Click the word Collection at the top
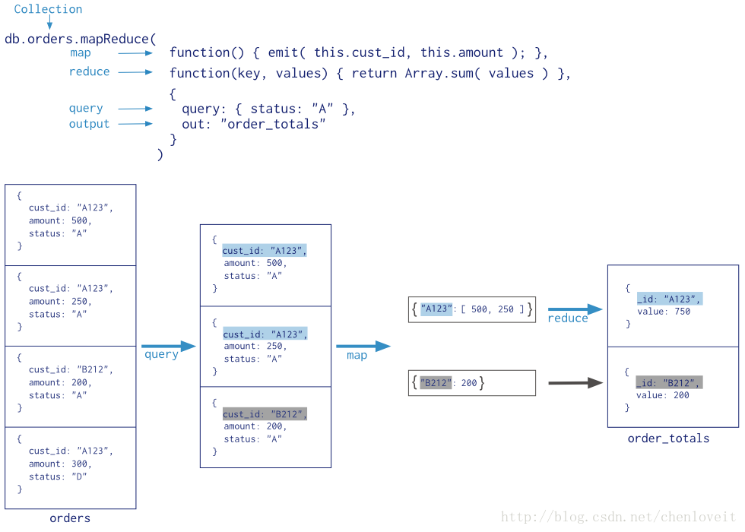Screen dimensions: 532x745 point(48,9)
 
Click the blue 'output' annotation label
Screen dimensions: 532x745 point(89,124)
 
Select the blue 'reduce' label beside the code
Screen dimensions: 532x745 point(89,72)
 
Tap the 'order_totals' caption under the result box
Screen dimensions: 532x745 point(668,439)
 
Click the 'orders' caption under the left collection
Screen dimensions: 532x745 point(70,518)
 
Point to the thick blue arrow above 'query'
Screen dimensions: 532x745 point(168,347)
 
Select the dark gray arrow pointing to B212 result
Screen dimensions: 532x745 point(575,383)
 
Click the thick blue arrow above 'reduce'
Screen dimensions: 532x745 point(575,309)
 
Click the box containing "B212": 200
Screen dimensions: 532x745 point(471,383)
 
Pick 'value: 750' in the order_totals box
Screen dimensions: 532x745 point(663,311)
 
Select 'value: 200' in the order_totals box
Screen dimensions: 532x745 point(663,395)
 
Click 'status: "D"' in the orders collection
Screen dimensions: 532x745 point(58,477)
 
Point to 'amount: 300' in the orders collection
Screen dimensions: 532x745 point(59,464)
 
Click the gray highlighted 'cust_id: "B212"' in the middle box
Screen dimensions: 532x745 point(265,414)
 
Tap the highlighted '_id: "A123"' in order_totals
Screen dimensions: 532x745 point(669,299)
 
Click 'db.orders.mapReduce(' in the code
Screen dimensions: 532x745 point(81,37)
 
